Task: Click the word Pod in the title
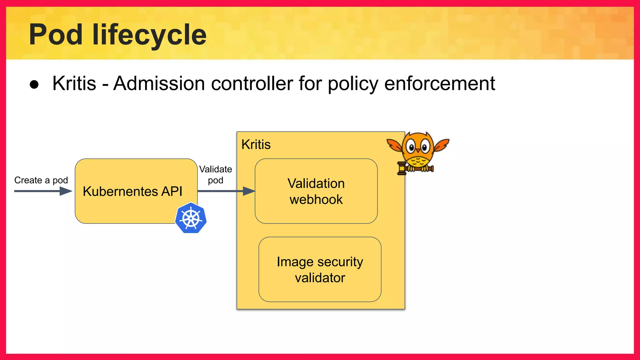(x=56, y=35)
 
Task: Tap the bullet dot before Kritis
(x=34, y=84)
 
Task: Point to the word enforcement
(x=439, y=83)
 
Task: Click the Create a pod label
(x=41, y=180)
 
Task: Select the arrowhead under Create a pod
(x=66, y=191)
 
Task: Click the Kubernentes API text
(x=132, y=191)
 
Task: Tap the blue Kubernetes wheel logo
(x=191, y=218)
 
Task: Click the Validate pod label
(x=216, y=175)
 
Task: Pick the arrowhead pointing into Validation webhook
(x=249, y=191)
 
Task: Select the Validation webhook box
(x=316, y=191)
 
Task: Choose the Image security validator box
(x=320, y=269)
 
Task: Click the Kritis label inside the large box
(x=256, y=145)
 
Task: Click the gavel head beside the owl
(x=402, y=168)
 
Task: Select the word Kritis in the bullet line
(x=74, y=83)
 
